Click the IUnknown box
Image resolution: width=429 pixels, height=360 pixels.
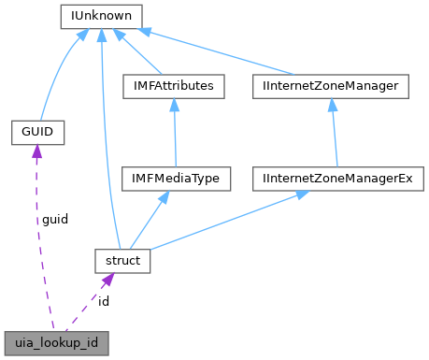[100, 16]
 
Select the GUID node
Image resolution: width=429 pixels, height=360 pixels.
[36, 132]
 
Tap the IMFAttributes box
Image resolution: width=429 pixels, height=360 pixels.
[169, 86]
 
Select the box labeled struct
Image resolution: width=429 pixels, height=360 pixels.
[122, 261]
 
